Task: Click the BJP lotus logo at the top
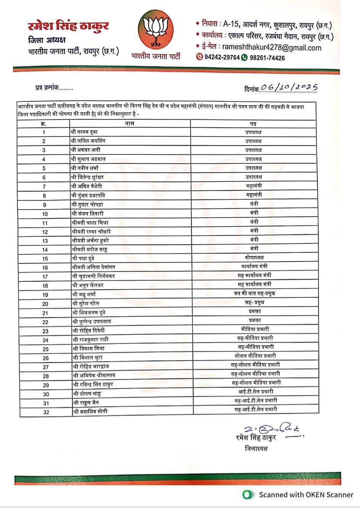click(x=155, y=31)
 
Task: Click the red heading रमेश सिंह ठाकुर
click(x=68, y=26)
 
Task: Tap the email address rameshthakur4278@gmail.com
click(x=271, y=48)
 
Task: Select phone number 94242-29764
click(x=222, y=58)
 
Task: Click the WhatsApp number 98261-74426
click(x=267, y=58)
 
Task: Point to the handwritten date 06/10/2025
click(x=289, y=88)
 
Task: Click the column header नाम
click(x=130, y=123)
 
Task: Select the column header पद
click(x=253, y=123)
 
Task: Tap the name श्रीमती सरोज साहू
click(x=90, y=250)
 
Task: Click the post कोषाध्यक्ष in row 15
click(x=254, y=258)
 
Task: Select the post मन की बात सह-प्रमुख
click(x=254, y=293)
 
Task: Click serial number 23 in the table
click(x=45, y=331)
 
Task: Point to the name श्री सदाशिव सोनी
click(x=90, y=411)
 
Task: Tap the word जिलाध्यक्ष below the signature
click(x=256, y=448)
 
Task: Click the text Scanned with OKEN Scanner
click(x=306, y=495)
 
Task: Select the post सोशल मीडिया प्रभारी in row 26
click(x=255, y=356)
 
